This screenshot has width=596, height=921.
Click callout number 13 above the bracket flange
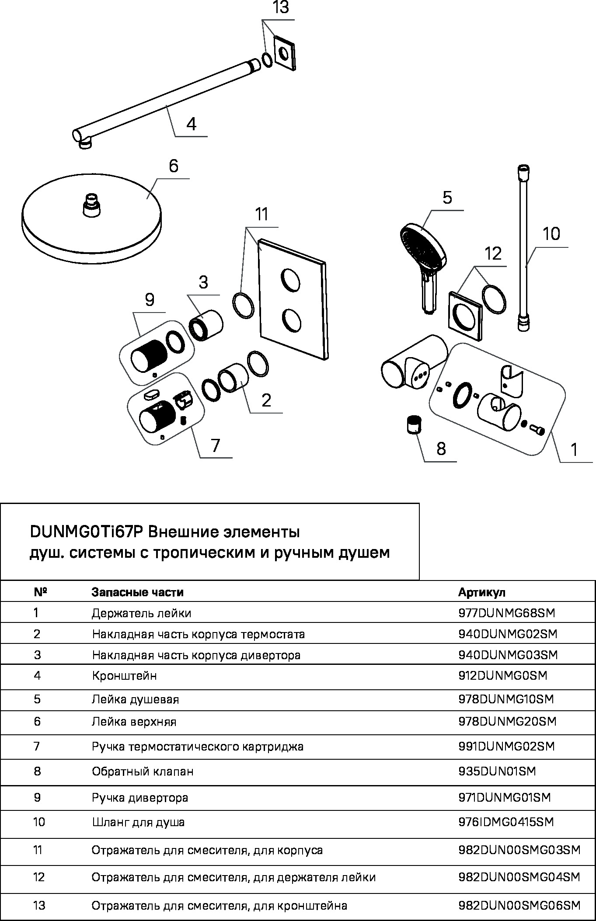tap(281, 8)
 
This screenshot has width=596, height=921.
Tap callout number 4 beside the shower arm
tap(191, 124)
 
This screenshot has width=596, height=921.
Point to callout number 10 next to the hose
tap(551, 234)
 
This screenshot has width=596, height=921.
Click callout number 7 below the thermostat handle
tap(215, 445)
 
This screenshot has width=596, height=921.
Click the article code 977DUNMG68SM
tap(506, 613)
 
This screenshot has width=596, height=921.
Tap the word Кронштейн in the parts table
tap(124, 676)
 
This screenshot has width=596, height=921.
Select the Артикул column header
tap(481, 592)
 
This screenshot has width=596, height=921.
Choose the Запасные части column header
tap(137, 592)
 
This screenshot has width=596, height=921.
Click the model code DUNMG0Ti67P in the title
tap(86, 532)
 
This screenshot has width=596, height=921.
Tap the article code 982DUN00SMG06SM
tap(519, 905)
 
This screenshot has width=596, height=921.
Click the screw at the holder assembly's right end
tap(537, 430)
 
